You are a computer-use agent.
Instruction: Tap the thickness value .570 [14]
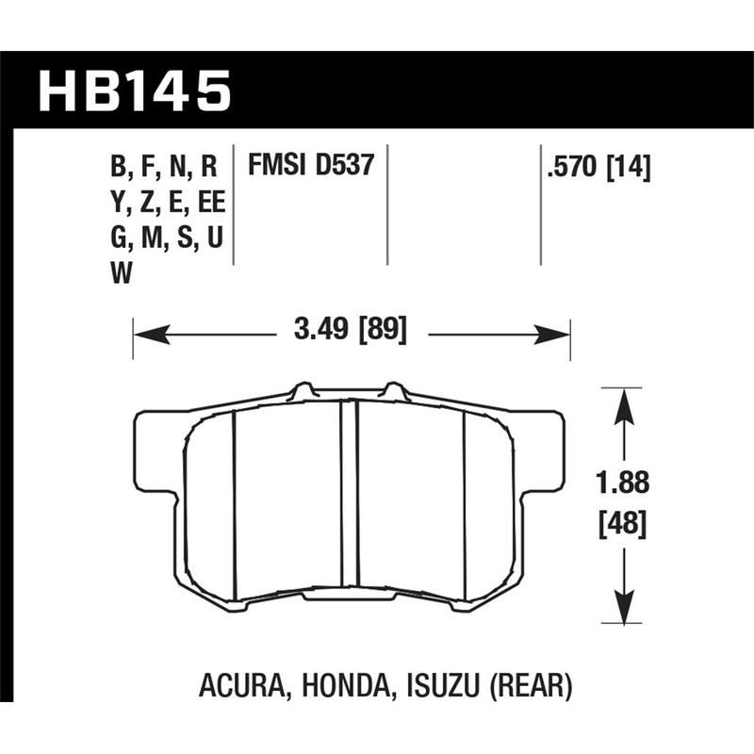click(598, 168)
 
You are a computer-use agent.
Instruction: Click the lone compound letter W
click(122, 273)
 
